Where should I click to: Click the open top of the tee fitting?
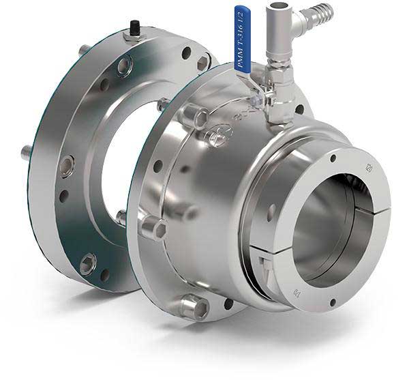[x=275, y=6]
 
